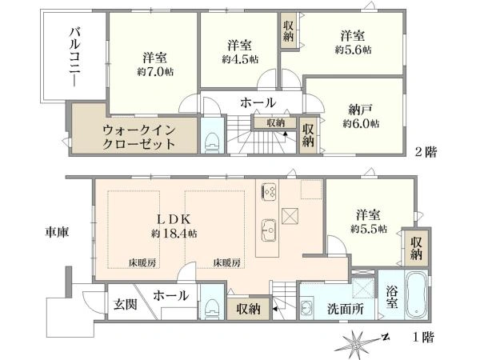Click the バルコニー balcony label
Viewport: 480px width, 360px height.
coord(74,58)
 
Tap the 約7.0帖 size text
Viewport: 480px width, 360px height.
coord(155,72)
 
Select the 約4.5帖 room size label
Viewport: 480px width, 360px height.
coord(240,59)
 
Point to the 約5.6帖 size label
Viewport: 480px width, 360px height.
coord(354,50)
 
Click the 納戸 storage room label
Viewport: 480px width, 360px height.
coord(361,110)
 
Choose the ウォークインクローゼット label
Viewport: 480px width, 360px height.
coord(138,137)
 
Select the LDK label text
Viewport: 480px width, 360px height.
coord(174,219)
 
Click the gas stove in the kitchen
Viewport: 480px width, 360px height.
coord(270,192)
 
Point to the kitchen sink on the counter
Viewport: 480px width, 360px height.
coord(269,230)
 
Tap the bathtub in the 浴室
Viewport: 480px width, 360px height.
coord(416,294)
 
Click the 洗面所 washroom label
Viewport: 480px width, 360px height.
coord(346,309)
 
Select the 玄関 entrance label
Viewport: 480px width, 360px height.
coord(126,305)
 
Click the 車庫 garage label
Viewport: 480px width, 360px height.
coord(58,232)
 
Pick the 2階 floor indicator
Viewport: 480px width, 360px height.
coord(426,152)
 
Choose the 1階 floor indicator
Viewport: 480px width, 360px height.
coord(423,337)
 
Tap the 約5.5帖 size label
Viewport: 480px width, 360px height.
coord(369,229)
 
